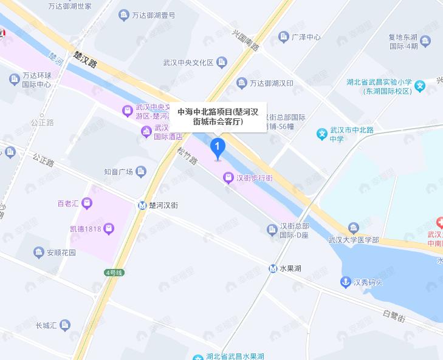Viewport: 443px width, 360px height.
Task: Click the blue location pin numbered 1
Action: pos(218,148)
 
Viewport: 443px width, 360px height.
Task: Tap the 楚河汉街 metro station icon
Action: pos(142,205)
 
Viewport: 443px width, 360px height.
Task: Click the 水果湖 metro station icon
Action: pos(273,268)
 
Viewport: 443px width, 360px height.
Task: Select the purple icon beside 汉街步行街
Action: pos(228,178)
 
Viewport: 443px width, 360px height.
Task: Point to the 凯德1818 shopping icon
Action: pos(109,229)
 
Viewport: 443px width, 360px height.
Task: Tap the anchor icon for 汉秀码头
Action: pos(345,282)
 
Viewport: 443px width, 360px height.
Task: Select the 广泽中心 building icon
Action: pos(283,37)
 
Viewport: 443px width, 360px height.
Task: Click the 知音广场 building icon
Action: pos(141,171)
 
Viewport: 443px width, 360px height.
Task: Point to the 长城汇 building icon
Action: pos(66,325)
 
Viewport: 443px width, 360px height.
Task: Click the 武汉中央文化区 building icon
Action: pos(221,62)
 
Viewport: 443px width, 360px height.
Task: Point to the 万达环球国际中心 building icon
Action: pos(14,79)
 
